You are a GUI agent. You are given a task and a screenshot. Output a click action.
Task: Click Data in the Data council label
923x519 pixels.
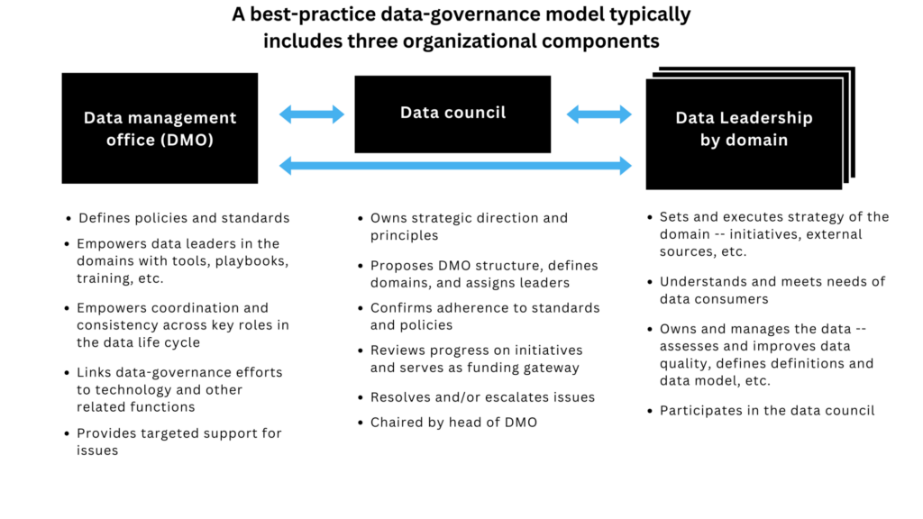click(419, 113)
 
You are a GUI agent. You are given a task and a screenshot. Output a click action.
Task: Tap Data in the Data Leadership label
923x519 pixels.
click(695, 118)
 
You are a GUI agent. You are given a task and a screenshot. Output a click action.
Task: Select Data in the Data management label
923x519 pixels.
click(103, 118)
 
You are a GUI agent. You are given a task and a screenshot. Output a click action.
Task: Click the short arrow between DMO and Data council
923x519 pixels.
click(312, 114)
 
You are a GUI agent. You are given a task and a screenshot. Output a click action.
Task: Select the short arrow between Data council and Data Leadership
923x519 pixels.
click(599, 114)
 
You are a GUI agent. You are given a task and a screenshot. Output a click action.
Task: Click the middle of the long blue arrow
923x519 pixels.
click(456, 166)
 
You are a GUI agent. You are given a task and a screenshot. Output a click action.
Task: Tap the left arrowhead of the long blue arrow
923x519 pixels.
click(285, 166)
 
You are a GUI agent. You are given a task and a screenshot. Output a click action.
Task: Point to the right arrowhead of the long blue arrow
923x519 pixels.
click(627, 166)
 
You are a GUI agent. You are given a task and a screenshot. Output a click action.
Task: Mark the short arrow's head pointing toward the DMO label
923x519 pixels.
click(285, 114)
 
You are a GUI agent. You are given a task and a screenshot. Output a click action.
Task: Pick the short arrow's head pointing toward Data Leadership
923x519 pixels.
click(627, 114)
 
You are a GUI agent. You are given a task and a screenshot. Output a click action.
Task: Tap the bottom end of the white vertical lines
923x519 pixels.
click(846, 184)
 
